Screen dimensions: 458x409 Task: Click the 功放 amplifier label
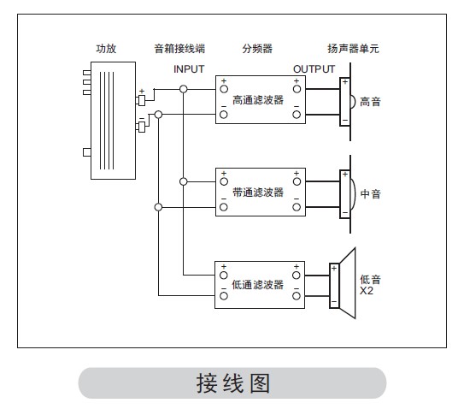(106, 49)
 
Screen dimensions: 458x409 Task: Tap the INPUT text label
(189, 69)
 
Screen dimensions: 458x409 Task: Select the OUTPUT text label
(314, 69)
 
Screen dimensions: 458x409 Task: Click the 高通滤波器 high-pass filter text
(258, 100)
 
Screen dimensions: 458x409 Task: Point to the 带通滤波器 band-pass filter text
(258, 193)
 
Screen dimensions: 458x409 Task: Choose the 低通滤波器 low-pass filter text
(258, 285)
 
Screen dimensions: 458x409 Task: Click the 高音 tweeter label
(370, 102)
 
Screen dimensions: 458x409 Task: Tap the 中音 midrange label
(370, 193)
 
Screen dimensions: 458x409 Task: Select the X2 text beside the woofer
(367, 291)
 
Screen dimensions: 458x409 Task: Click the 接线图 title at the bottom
(232, 383)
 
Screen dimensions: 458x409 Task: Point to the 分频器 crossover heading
(257, 49)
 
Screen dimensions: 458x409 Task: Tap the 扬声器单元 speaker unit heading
(353, 49)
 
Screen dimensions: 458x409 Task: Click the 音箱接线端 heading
(179, 49)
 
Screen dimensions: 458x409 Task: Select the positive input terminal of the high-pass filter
(224, 89)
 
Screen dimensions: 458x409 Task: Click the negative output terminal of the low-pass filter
(297, 296)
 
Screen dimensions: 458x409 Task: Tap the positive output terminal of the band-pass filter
(297, 181)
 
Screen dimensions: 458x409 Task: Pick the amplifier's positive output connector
(140, 100)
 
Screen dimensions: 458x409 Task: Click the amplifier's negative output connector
(140, 127)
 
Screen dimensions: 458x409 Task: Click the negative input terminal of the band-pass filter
(224, 207)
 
